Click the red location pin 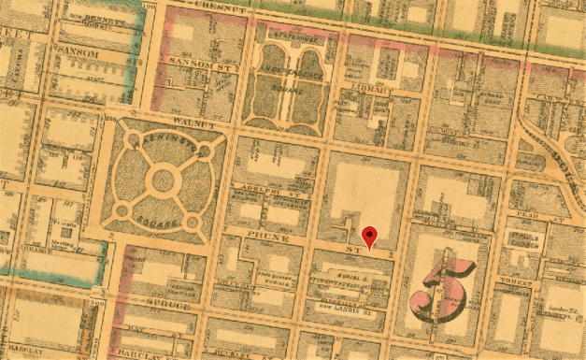tap(370, 236)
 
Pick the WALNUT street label tap(193, 123)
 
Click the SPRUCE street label tap(169, 306)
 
